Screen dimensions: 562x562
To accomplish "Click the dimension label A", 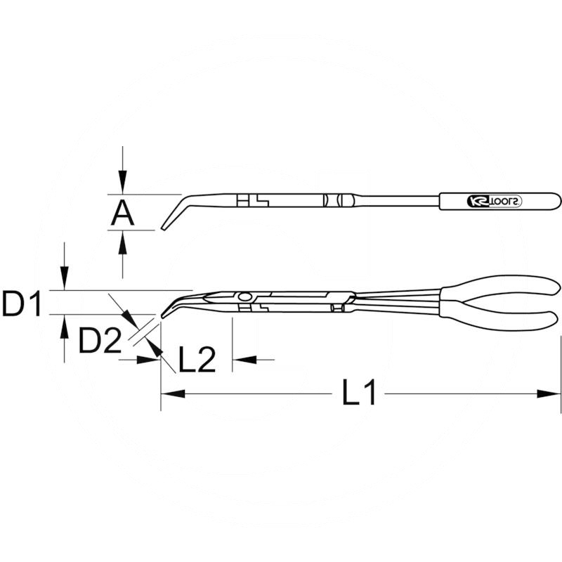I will [122, 211].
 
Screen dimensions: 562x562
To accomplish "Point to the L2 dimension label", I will [196, 360].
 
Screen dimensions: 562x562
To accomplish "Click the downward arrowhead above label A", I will [123, 184].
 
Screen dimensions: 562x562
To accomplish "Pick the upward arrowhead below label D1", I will [64, 325].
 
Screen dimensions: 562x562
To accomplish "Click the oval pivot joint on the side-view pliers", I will [244, 296].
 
